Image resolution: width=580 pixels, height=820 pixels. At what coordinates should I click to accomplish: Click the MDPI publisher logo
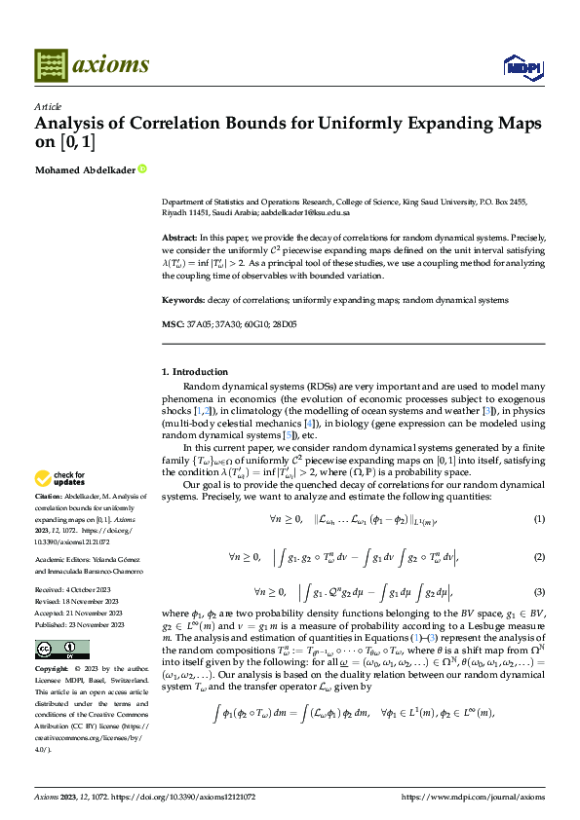click(x=517, y=65)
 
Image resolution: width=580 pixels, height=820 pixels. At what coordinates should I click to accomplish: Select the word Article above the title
click(x=48, y=106)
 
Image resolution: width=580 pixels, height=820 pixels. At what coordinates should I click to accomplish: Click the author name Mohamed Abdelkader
click(x=85, y=168)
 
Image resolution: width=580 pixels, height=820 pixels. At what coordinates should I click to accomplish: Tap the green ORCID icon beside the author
click(x=142, y=168)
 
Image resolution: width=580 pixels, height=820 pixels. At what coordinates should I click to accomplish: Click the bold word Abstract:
click(x=178, y=237)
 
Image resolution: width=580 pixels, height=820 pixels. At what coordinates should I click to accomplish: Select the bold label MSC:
click(x=172, y=322)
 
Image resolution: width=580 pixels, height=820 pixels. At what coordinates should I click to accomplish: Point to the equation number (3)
click(x=539, y=592)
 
